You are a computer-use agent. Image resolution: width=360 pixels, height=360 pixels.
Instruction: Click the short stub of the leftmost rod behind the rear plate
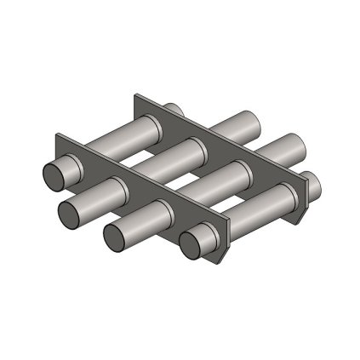click(173, 111)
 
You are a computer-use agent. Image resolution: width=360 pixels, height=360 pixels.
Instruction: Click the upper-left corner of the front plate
click(57, 136)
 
